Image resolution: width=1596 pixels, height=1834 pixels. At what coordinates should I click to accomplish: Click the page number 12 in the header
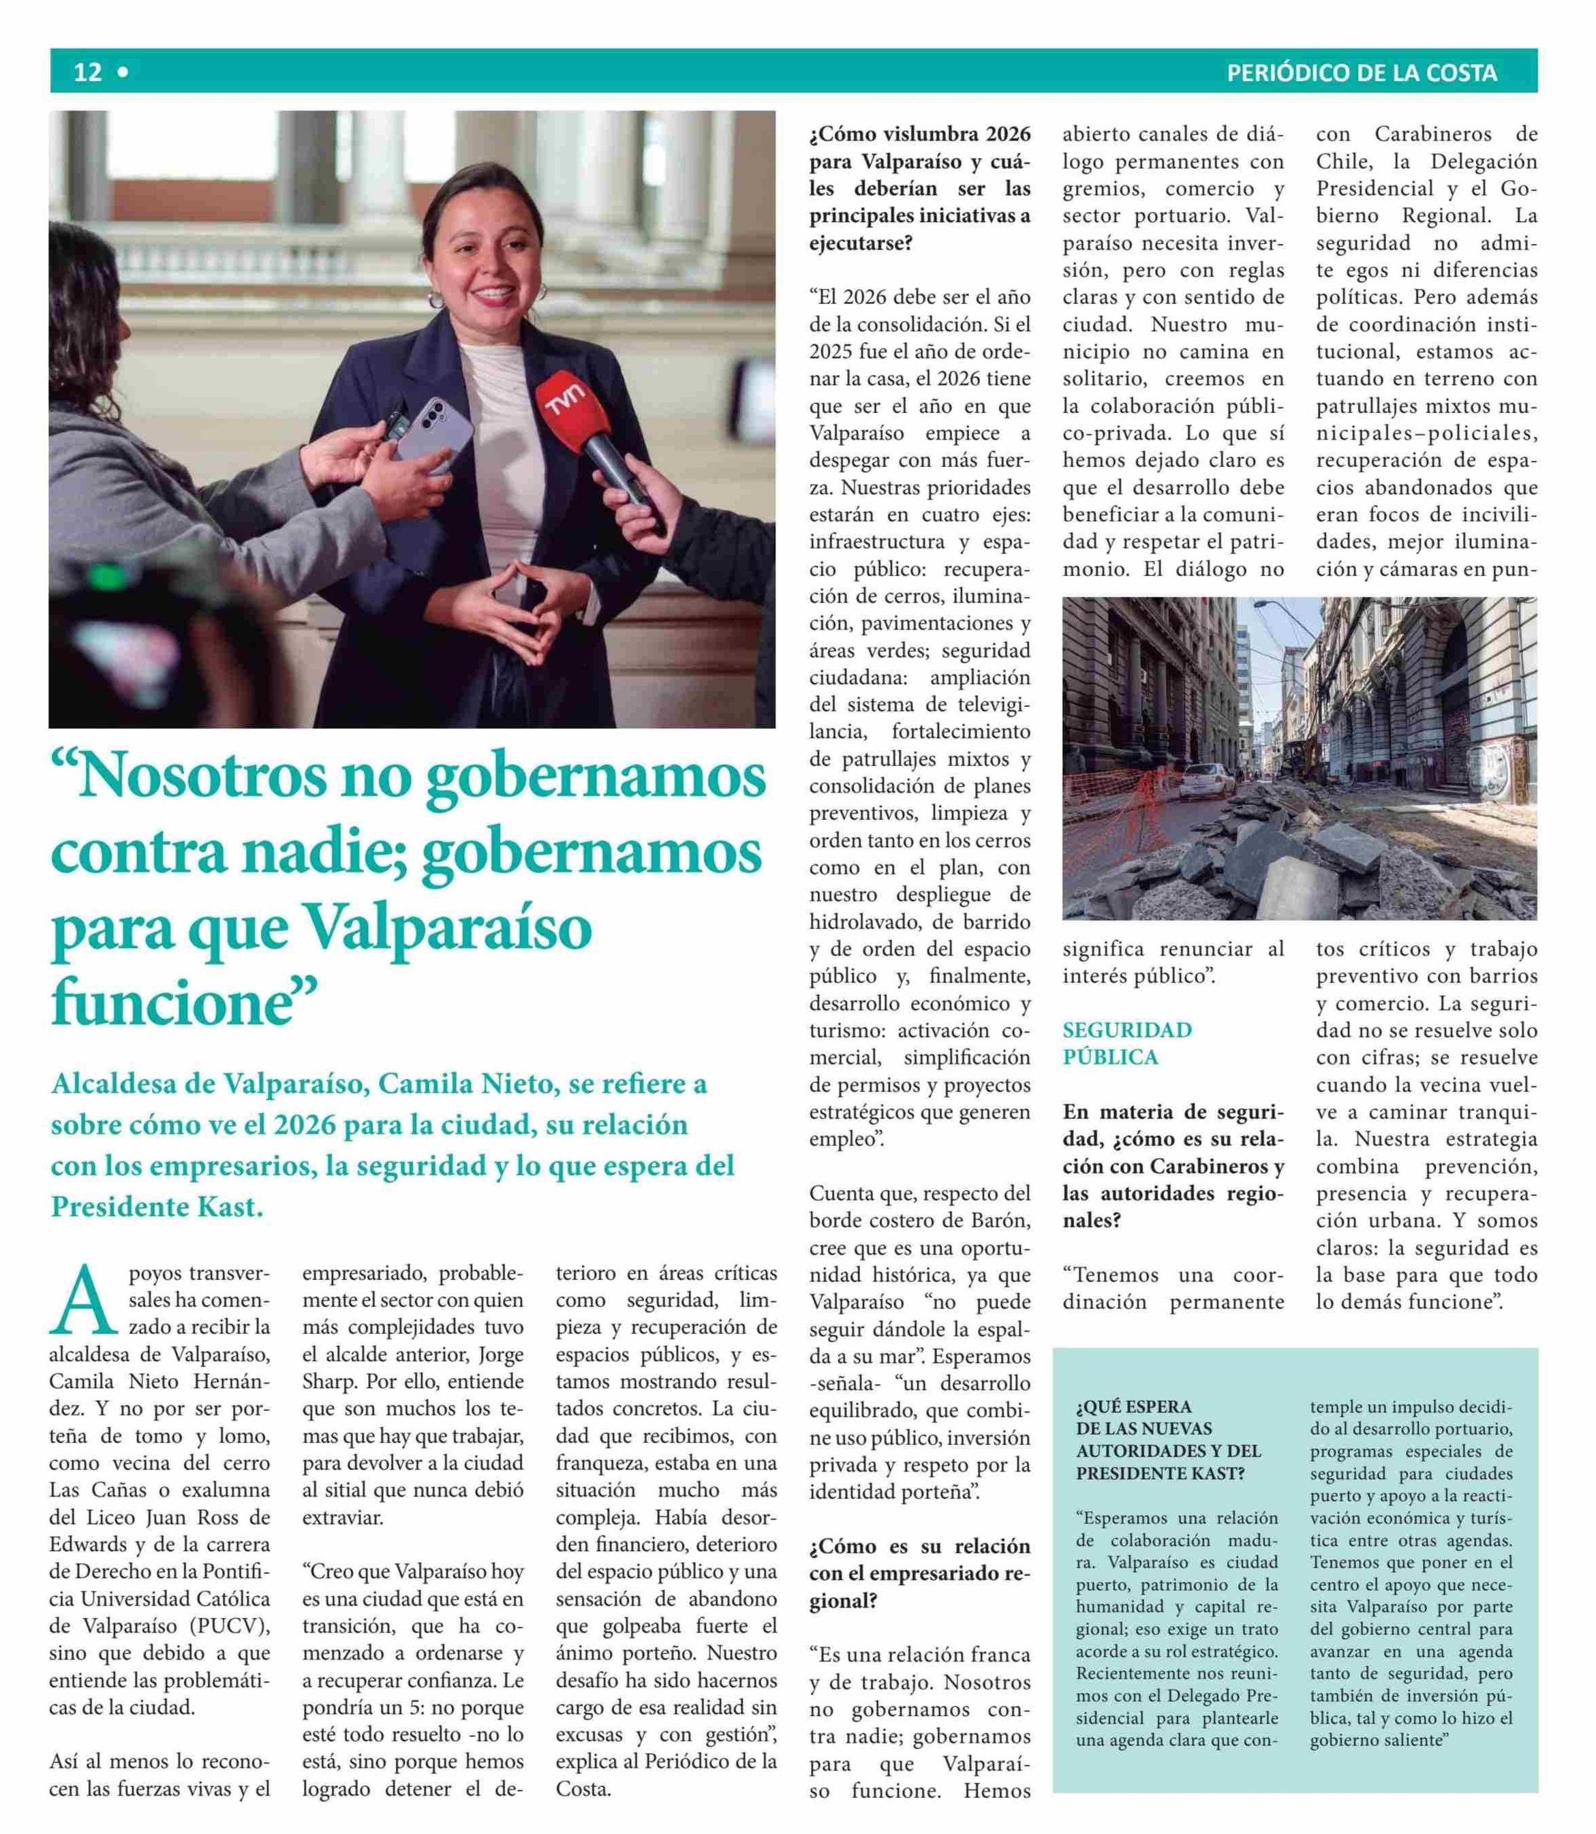tap(87, 72)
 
